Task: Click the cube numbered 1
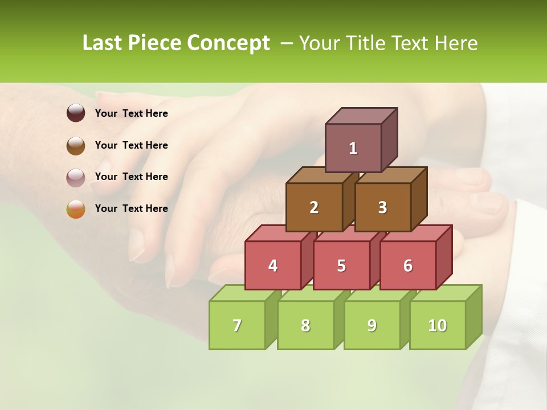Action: click(353, 148)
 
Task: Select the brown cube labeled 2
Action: click(314, 207)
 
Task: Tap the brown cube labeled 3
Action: click(382, 207)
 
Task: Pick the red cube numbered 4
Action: click(273, 265)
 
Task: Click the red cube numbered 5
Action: click(341, 265)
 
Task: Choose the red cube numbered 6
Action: click(408, 265)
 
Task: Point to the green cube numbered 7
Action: click(237, 325)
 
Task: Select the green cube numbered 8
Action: click(305, 325)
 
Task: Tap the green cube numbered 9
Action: click(372, 325)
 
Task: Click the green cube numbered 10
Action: click(438, 325)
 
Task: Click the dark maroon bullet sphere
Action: click(76, 113)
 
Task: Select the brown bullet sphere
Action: click(76, 145)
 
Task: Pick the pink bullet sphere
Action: click(76, 177)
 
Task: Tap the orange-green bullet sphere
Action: click(76, 209)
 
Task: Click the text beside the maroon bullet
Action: click(132, 113)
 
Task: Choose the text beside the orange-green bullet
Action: click(132, 208)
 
